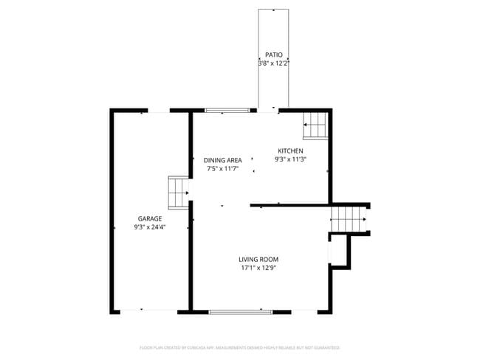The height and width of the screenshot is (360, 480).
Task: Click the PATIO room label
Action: pos(272,55)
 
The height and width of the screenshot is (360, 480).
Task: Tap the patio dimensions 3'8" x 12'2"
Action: pos(272,63)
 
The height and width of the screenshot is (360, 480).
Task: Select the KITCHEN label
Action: pos(290,150)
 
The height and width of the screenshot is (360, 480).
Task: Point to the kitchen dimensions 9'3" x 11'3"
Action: pos(290,159)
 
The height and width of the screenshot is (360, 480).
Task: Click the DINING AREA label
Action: pos(223,160)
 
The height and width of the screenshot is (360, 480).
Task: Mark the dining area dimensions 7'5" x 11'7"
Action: pos(223,169)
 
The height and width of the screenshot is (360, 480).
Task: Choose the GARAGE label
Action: pos(149,218)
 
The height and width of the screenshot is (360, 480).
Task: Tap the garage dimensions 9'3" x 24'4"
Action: pos(149,227)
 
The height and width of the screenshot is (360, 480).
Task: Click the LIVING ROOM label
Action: pos(258,259)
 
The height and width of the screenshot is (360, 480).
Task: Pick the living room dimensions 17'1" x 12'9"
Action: pos(258,268)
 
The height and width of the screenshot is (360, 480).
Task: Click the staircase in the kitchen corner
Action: pos(315,125)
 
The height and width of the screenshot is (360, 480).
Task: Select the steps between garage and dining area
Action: pos(179,192)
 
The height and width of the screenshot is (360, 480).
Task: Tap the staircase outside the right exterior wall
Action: pos(349,219)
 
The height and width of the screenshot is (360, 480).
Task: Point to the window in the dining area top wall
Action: pos(227,111)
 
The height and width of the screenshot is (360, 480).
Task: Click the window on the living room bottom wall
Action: pos(236,312)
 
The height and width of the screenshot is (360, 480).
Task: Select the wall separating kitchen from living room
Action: pos(290,205)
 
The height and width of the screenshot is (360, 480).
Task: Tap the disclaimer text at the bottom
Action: pos(239,347)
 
